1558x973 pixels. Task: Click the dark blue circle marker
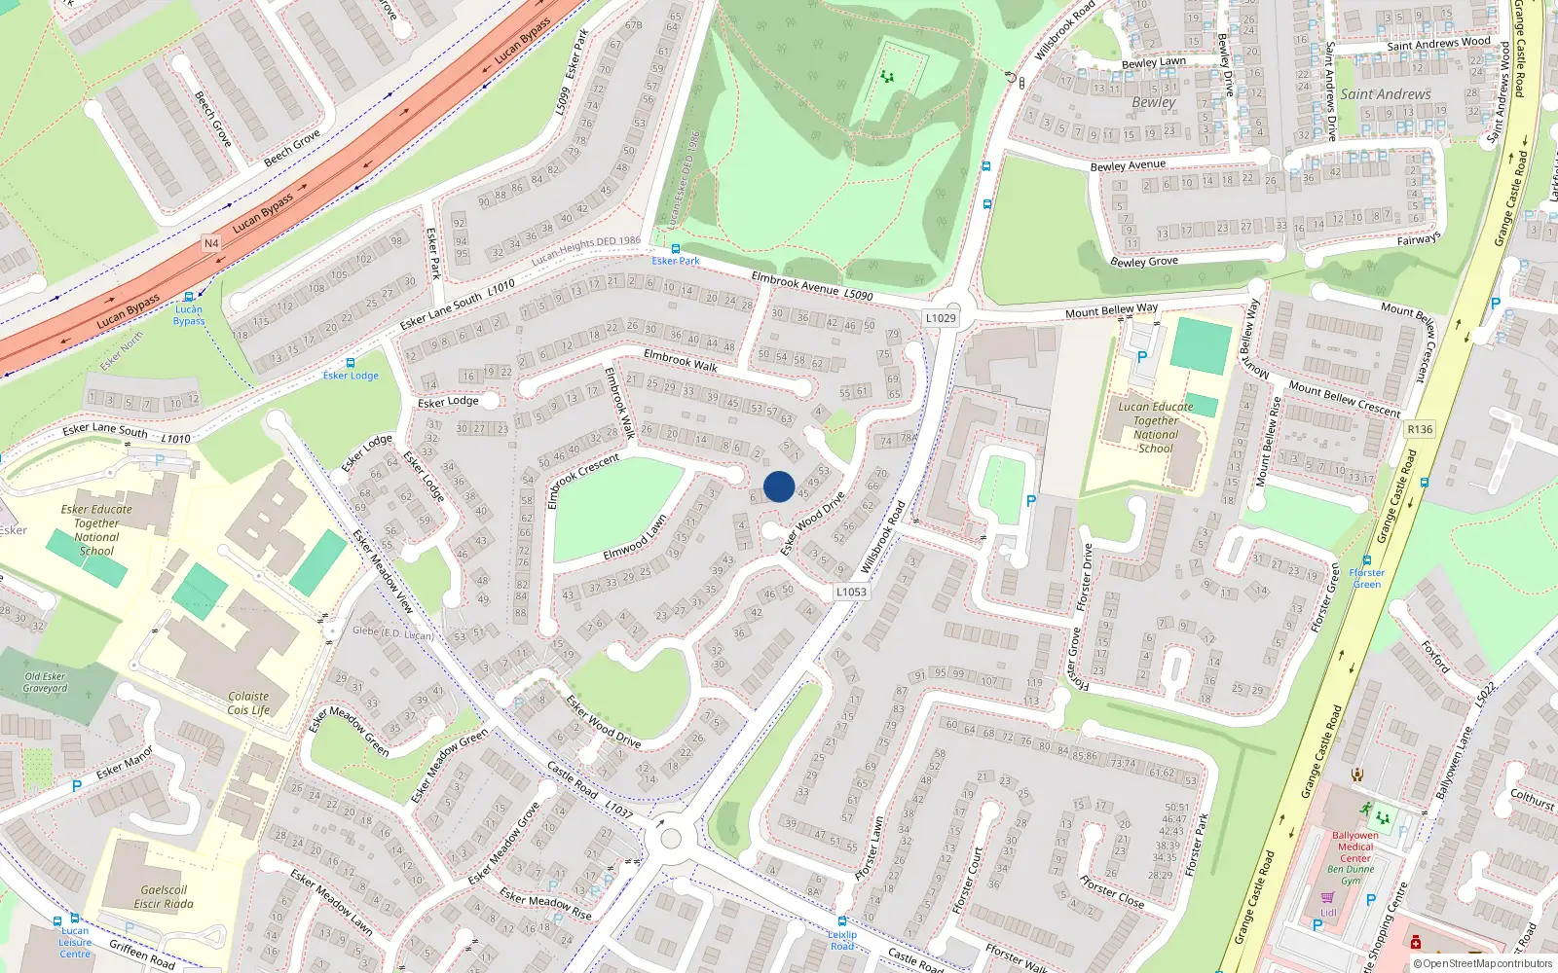coord(779,486)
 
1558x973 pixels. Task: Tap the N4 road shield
coord(211,243)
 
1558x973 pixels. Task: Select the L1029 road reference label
coord(941,318)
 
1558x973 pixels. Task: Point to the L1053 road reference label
coord(851,592)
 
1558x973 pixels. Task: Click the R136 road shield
coord(1420,429)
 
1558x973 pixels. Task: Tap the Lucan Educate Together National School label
coord(1156,428)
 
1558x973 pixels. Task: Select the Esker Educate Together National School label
coord(96,530)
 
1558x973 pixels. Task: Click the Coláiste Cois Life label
coord(248,703)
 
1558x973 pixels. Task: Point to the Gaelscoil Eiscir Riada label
coord(164,897)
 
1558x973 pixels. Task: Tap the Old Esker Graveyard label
coord(46,682)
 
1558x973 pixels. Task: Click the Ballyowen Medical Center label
coord(1354,847)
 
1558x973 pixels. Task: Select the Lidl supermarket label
coord(1328,913)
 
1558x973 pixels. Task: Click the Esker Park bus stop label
coord(676,261)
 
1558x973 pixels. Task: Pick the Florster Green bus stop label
coord(1367,578)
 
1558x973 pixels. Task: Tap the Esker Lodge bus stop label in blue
coord(351,376)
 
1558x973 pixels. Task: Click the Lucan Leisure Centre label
coord(75,942)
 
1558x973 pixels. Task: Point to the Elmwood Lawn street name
coord(634,538)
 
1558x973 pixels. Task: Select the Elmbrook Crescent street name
coord(583,480)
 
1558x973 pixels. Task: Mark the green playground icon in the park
coord(887,76)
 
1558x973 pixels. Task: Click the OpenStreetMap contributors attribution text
coord(1483,964)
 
